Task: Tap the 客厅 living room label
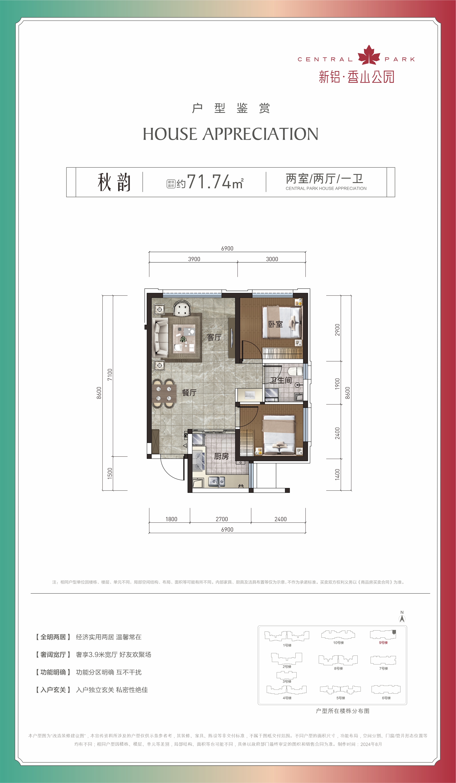[x=214, y=337]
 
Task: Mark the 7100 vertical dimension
[x=110, y=375]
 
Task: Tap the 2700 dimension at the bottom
[x=222, y=519]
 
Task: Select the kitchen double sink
[x=216, y=482]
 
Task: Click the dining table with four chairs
[x=164, y=393]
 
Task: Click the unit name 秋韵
[x=114, y=182]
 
